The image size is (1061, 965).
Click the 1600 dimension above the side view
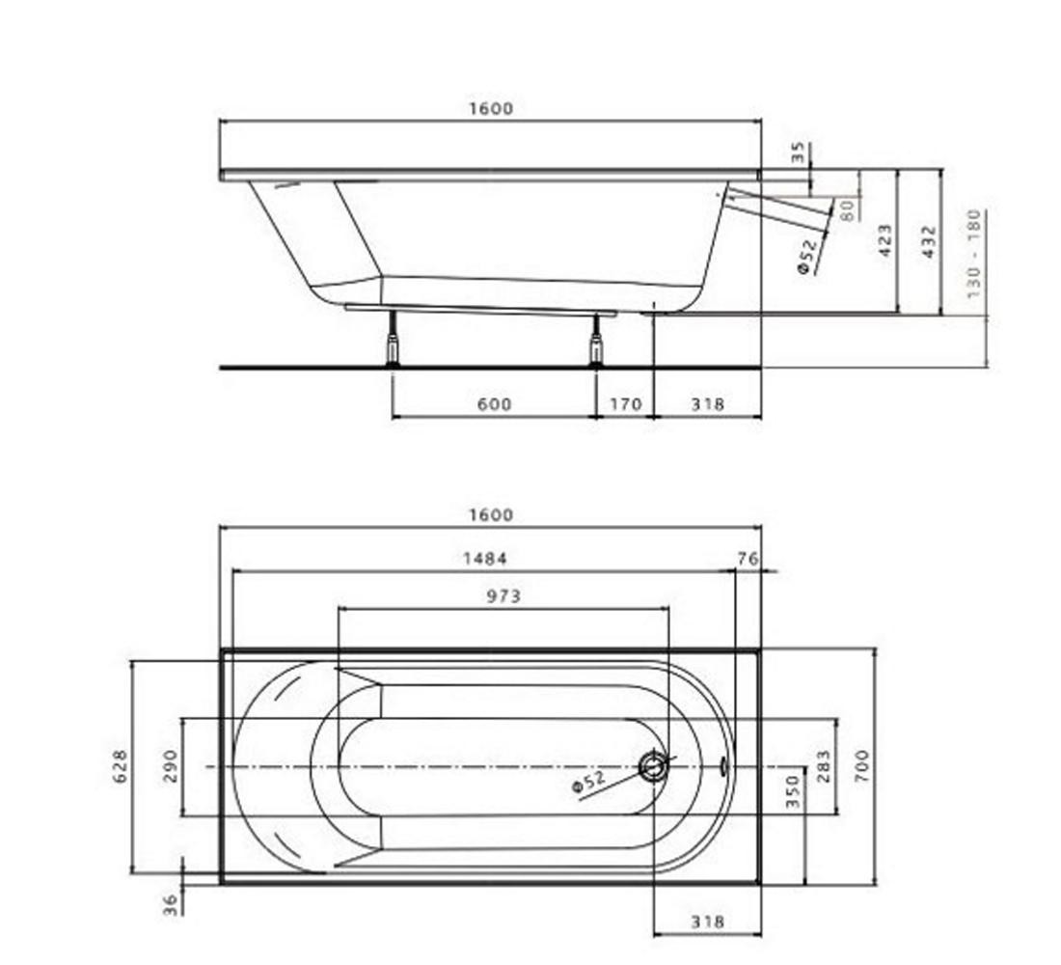click(491, 108)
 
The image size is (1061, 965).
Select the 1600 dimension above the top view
click(491, 515)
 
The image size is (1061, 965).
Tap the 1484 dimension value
click(484, 559)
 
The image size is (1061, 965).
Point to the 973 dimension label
click(504, 596)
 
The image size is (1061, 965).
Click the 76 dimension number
click(748, 559)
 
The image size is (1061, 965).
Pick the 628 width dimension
click(120, 766)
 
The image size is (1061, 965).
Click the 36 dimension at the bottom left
click(170, 905)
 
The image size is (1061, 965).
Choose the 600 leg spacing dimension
click(495, 404)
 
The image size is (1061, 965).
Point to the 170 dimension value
click(626, 404)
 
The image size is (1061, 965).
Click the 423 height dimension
click(885, 241)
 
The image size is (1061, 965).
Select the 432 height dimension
click(929, 241)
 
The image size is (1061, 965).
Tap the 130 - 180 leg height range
click(973, 254)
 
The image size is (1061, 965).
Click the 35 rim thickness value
click(799, 152)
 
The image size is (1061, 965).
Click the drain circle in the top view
click(654, 766)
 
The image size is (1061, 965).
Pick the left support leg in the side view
click(392, 340)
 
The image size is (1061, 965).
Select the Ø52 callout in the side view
click(808, 255)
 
